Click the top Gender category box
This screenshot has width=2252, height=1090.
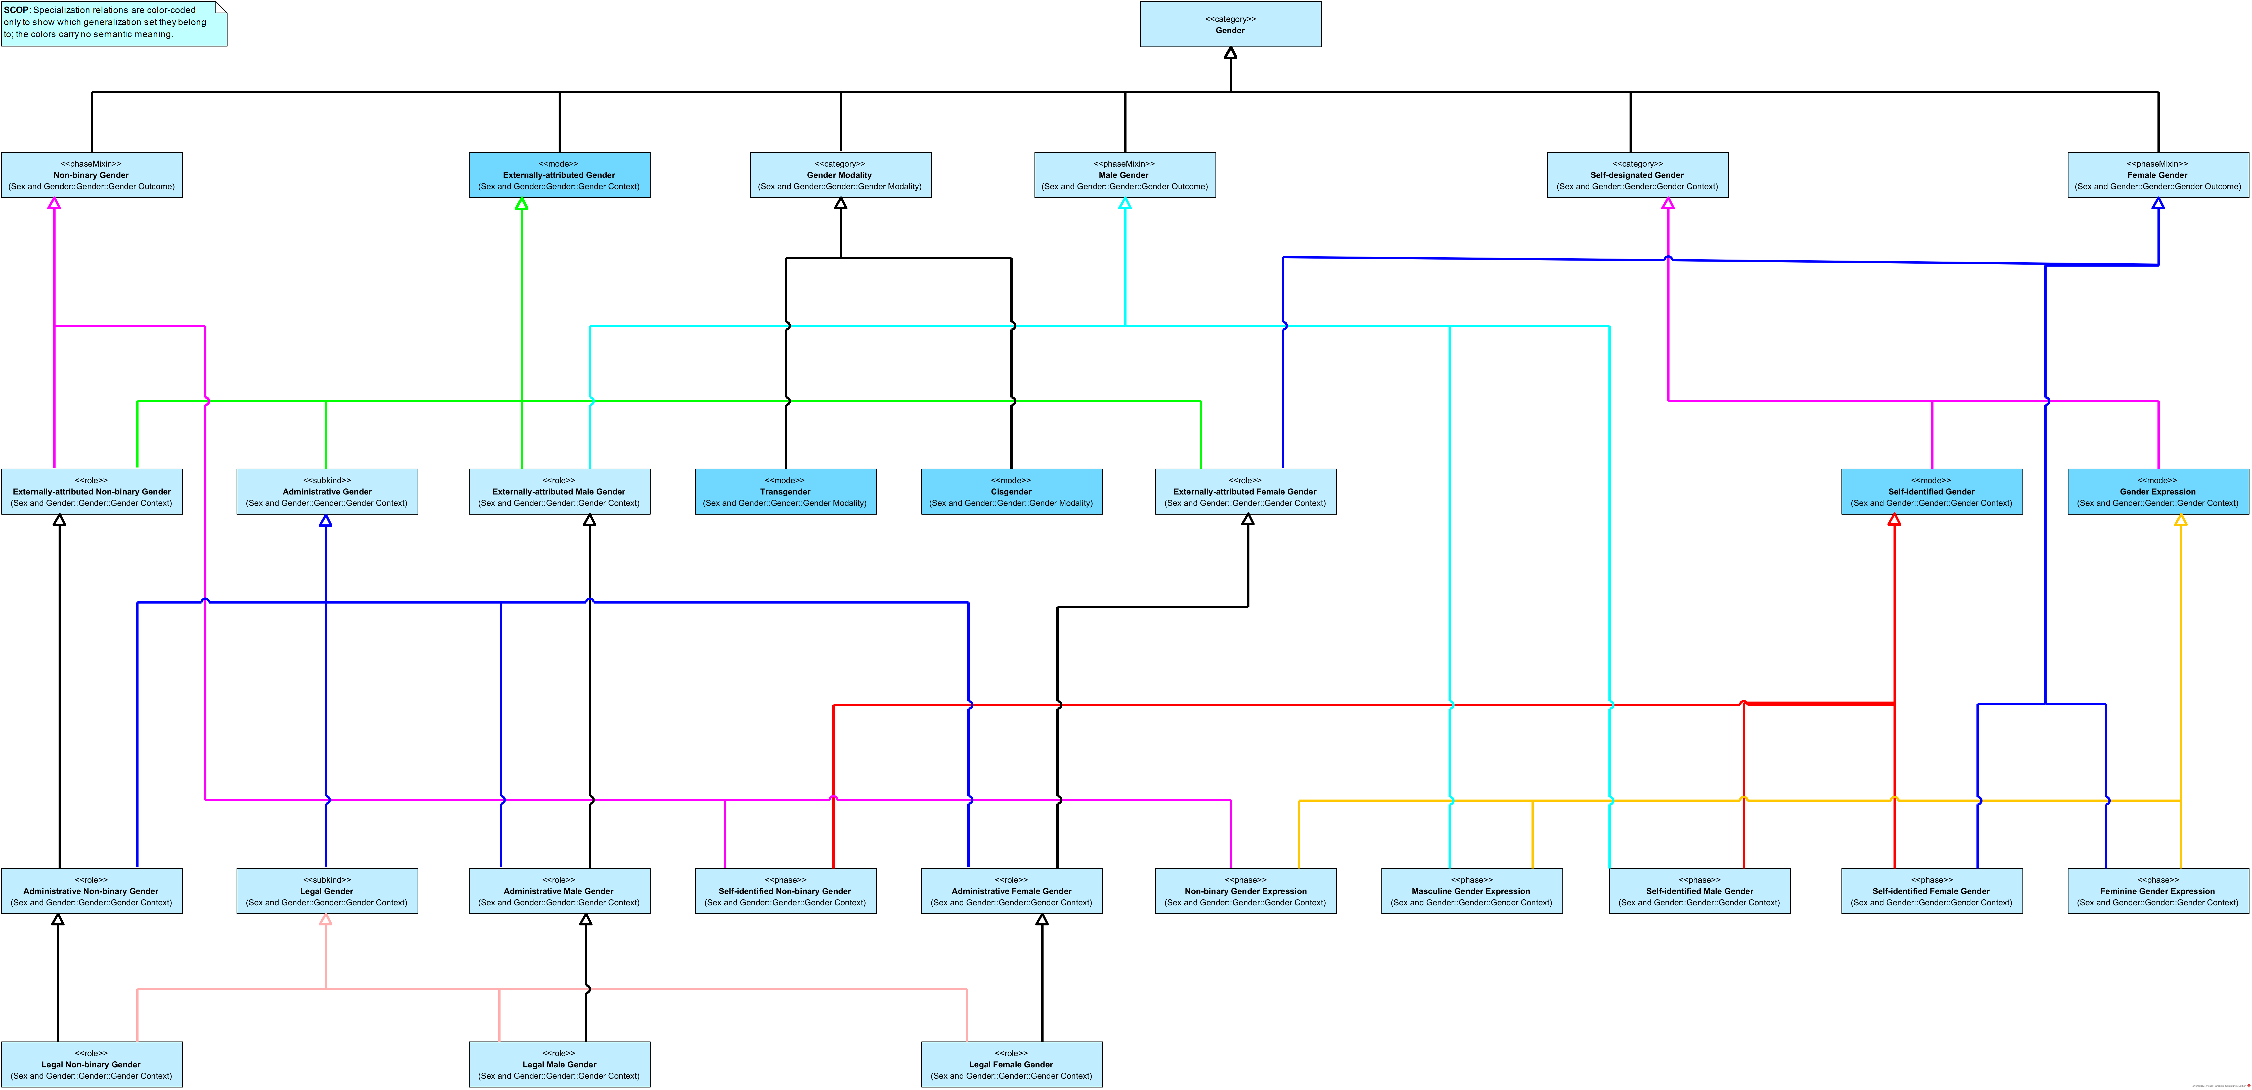point(1230,24)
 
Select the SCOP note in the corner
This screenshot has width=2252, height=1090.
point(114,24)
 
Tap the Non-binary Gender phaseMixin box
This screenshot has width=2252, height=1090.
point(92,175)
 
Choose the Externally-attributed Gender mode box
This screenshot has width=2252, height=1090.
point(560,175)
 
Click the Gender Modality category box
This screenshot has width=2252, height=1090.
point(840,175)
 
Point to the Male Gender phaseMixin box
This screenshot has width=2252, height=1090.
point(1124,175)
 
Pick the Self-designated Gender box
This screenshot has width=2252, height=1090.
point(1637,175)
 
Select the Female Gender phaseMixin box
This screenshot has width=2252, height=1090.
point(2157,175)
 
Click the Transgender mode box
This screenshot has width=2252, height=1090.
point(785,491)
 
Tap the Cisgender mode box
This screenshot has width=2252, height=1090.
point(1011,491)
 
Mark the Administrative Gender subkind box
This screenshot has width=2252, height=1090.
point(327,491)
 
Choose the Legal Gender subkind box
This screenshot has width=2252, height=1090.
point(327,891)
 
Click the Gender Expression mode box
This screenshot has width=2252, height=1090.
point(2157,491)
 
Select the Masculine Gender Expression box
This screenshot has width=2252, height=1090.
point(1471,891)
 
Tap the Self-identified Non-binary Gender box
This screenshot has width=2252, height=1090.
point(785,891)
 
